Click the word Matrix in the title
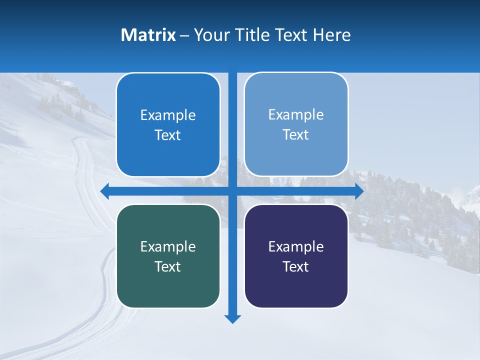click(148, 35)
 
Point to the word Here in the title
click(332, 35)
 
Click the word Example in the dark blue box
click(168, 115)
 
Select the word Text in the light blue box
click(296, 135)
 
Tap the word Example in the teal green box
click(168, 247)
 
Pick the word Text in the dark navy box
click(296, 267)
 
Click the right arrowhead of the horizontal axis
click(359, 191)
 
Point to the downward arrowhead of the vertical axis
click(232, 318)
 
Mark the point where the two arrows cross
click(232, 191)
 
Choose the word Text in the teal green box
click(168, 267)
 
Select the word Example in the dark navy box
click(296, 247)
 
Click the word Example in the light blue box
click(296, 115)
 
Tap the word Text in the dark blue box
click(168, 135)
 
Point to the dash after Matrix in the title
click(184, 35)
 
